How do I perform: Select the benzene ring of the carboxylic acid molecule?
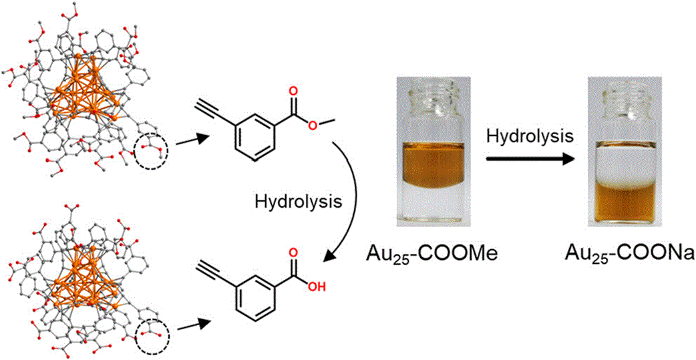pyautogui.click(x=254, y=294)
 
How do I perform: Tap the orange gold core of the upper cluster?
pyautogui.click(x=84, y=89)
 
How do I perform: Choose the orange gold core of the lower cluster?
pyautogui.click(x=84, y=277)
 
